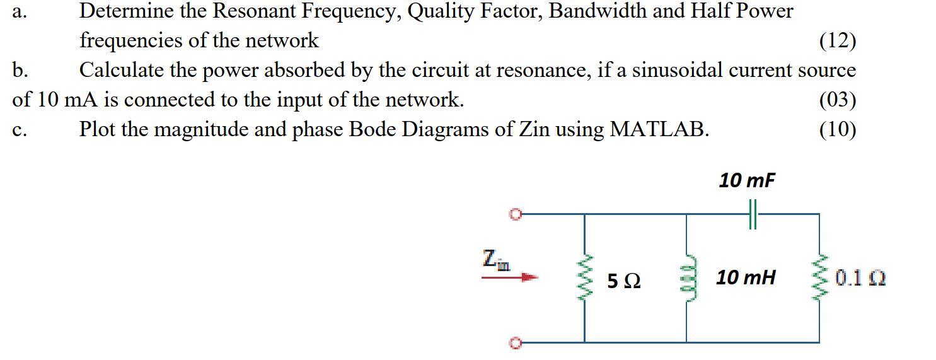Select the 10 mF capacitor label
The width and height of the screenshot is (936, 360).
tap(747, 181)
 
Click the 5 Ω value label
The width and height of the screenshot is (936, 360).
tap(624, 281)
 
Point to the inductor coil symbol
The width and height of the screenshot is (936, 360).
tap(686, 277)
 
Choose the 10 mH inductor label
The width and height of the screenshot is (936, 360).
tap(746, 277)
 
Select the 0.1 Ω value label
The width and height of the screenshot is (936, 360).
tap(860, 278)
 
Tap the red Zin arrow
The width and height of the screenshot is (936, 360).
tap(510, 276)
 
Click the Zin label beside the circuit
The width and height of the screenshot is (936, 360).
tap(496, 259)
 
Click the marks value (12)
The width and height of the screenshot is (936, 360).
tap(837, 41)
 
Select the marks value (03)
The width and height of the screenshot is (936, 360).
tap(837, 100)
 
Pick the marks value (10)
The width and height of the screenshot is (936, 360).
tap(837, 129)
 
